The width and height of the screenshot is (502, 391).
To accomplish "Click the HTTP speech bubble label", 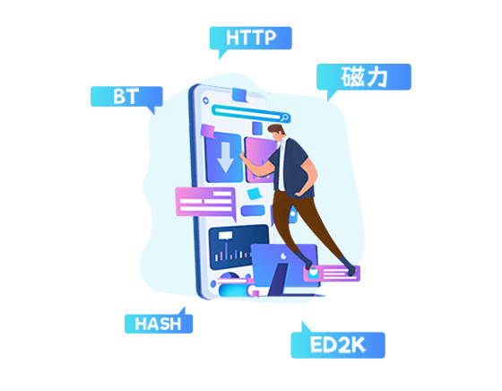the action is [x=251, y=38].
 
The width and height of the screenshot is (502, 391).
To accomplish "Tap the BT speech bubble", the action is [x=126, y=96].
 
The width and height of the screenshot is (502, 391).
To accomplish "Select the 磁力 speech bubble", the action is [x=364, y=77].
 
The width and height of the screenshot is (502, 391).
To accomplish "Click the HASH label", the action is [x=159, y=324].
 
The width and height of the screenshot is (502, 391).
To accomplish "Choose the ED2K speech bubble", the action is [x=338, y=345].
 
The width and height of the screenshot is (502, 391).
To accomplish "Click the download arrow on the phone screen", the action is [x=225, y=157].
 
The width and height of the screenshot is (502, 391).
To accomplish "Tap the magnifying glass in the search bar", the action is [x=285, y=117].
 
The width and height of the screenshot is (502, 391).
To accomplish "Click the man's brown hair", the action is [x=276, y=129].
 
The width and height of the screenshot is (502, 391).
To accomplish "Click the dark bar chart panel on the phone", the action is [x=238, y=247].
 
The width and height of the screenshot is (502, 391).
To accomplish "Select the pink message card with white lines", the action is [x=205, y=203].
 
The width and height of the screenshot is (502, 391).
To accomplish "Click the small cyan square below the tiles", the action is [x=255, y=194].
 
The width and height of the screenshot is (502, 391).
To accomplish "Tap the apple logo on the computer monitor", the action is [x=283, y=256].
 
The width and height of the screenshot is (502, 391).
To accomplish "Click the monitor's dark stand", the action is [x=279, y=279].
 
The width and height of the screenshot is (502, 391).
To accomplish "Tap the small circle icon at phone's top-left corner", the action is [x=205, y=100].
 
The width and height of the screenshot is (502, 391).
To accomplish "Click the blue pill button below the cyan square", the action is [x=253, y=211].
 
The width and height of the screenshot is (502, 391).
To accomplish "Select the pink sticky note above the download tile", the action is [x=208, y=131].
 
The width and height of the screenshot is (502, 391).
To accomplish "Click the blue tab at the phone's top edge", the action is [x=239, y=95].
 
